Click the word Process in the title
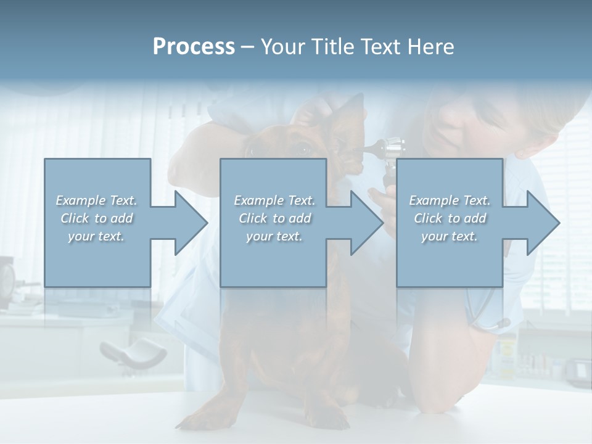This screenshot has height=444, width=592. (x=194, y=47)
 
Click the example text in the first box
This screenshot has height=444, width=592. (x=96, y=218)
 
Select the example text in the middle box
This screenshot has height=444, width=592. (x=274, y=218)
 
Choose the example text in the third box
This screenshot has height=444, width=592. (x=450, y=218)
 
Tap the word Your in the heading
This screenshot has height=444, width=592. (x=281, y=47)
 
